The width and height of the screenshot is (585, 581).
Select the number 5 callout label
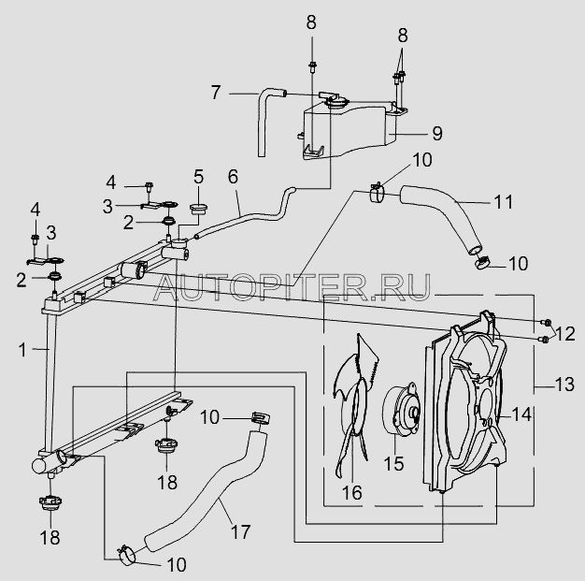[198, 176]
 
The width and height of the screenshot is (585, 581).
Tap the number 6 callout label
[234, 176]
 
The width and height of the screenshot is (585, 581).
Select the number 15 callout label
[393, 461]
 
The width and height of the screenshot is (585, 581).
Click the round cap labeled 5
[197, 206]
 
